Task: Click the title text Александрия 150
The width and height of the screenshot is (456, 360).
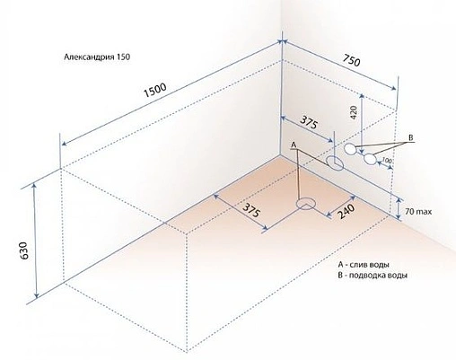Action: (97, 57)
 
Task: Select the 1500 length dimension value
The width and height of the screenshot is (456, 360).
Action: (155, 90)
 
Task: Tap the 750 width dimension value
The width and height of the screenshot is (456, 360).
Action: (351, 60)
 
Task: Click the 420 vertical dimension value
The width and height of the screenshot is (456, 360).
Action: (354, 113)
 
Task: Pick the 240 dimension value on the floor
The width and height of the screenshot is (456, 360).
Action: (346, 212)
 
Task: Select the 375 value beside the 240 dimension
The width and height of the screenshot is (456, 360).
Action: (251, 210)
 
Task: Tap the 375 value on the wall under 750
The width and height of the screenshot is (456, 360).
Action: (308, 122)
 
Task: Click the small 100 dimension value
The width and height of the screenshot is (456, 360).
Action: (386, 160)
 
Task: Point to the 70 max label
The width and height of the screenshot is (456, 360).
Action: (418, 212)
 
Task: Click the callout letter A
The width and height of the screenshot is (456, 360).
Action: (294, 145)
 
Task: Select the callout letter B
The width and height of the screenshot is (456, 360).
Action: (411, 137)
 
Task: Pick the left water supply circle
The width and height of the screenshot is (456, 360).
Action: (350, 149)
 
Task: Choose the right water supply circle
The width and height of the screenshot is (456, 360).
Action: (371, 159)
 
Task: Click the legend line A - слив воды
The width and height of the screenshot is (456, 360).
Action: (364, 265)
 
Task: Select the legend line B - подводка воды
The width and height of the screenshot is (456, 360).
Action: (373, 276)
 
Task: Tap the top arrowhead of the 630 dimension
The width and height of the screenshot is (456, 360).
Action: (35, 186)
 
